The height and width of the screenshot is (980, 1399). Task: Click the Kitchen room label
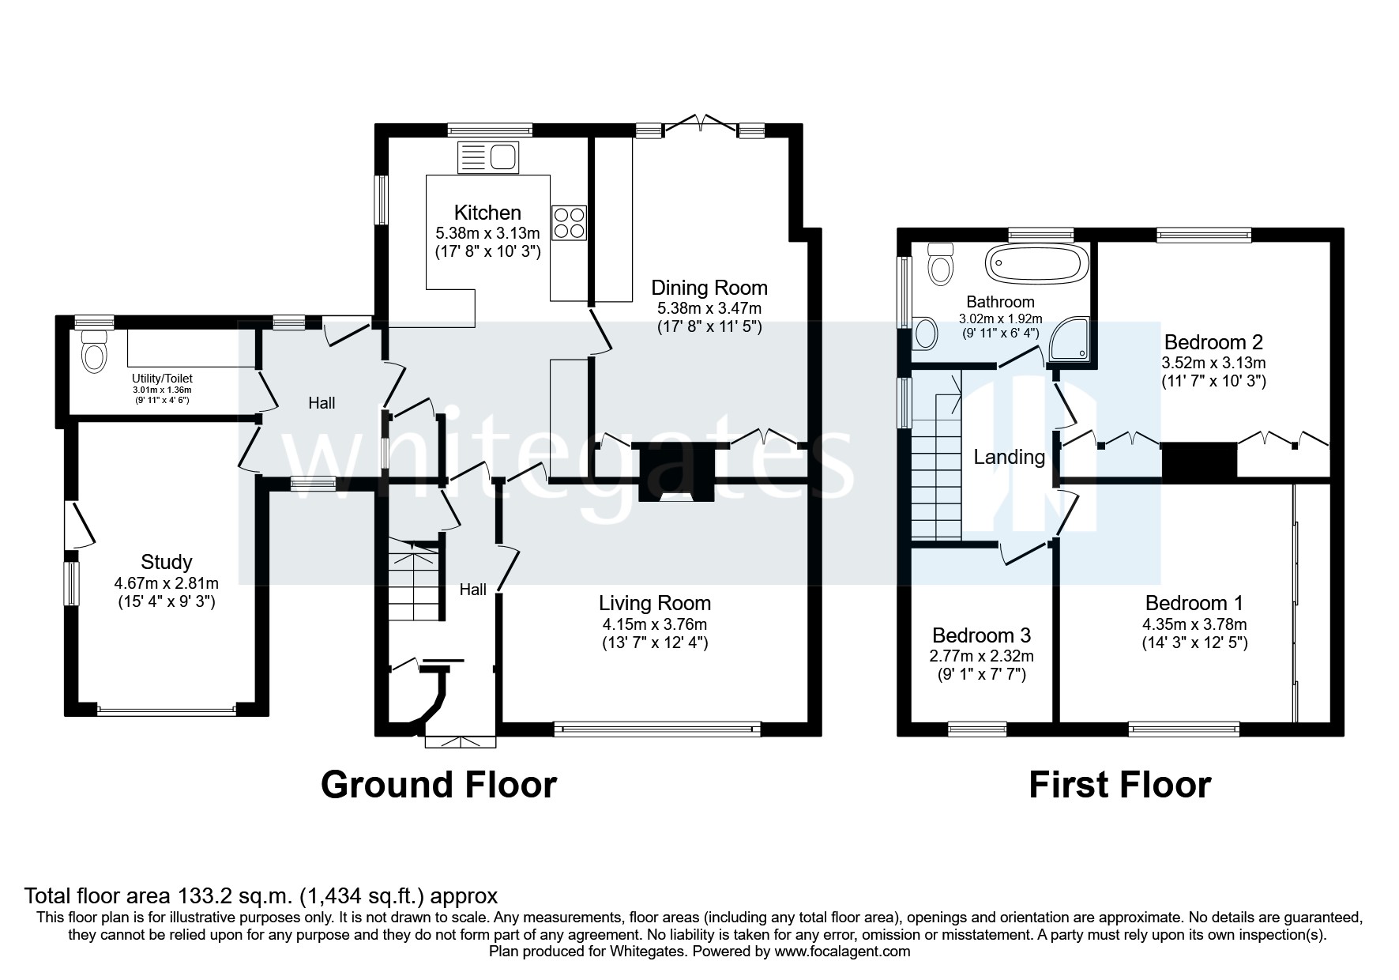click(487, 213)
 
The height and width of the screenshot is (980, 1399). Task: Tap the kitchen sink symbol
click(487, 156)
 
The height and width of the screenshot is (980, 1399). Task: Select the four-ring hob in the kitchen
click(569, 222)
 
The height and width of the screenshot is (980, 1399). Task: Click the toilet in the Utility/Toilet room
click(94, 351)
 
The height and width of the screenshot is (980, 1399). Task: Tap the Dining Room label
click(709, 287)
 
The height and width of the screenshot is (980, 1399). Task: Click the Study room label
click(166, 562)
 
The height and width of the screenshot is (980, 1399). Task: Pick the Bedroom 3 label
click(981, 635)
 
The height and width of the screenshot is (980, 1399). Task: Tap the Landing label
click(1009, 457)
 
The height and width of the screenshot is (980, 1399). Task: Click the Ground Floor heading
click(438, 785)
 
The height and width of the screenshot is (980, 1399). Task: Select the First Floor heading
click(1119, 785)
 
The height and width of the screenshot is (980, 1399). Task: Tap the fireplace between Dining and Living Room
click(675, 473)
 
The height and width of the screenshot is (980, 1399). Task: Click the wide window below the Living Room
click(656, 729)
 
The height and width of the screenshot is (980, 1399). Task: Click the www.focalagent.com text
click(842, 952)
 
